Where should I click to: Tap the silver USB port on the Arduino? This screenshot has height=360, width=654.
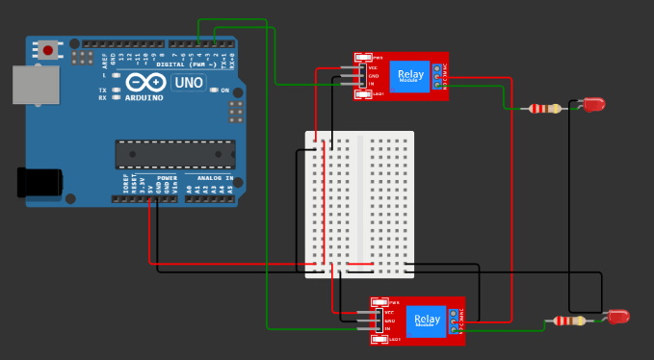(28, 86)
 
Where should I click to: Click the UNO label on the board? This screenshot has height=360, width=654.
(188, 83)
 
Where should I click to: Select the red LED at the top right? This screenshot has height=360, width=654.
(592, 103)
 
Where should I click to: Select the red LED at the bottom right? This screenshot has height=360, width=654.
(616, 316)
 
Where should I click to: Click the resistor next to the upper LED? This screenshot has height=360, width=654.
(544, 108)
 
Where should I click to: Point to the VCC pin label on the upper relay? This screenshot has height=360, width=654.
(372, 68)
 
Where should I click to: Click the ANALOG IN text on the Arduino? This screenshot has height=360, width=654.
(215, 178)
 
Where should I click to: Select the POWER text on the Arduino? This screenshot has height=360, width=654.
(167, 178)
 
